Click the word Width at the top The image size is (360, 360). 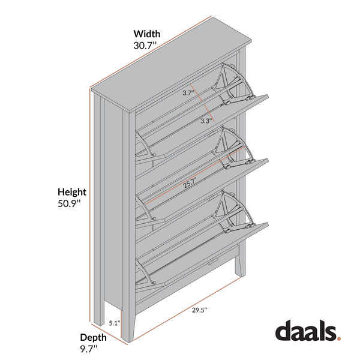(146, 34)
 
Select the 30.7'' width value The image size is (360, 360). (146, 45)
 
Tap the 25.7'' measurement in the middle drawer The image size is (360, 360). (190, 184)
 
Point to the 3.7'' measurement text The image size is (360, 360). (188, 93)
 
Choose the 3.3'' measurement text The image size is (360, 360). (206, 121)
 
